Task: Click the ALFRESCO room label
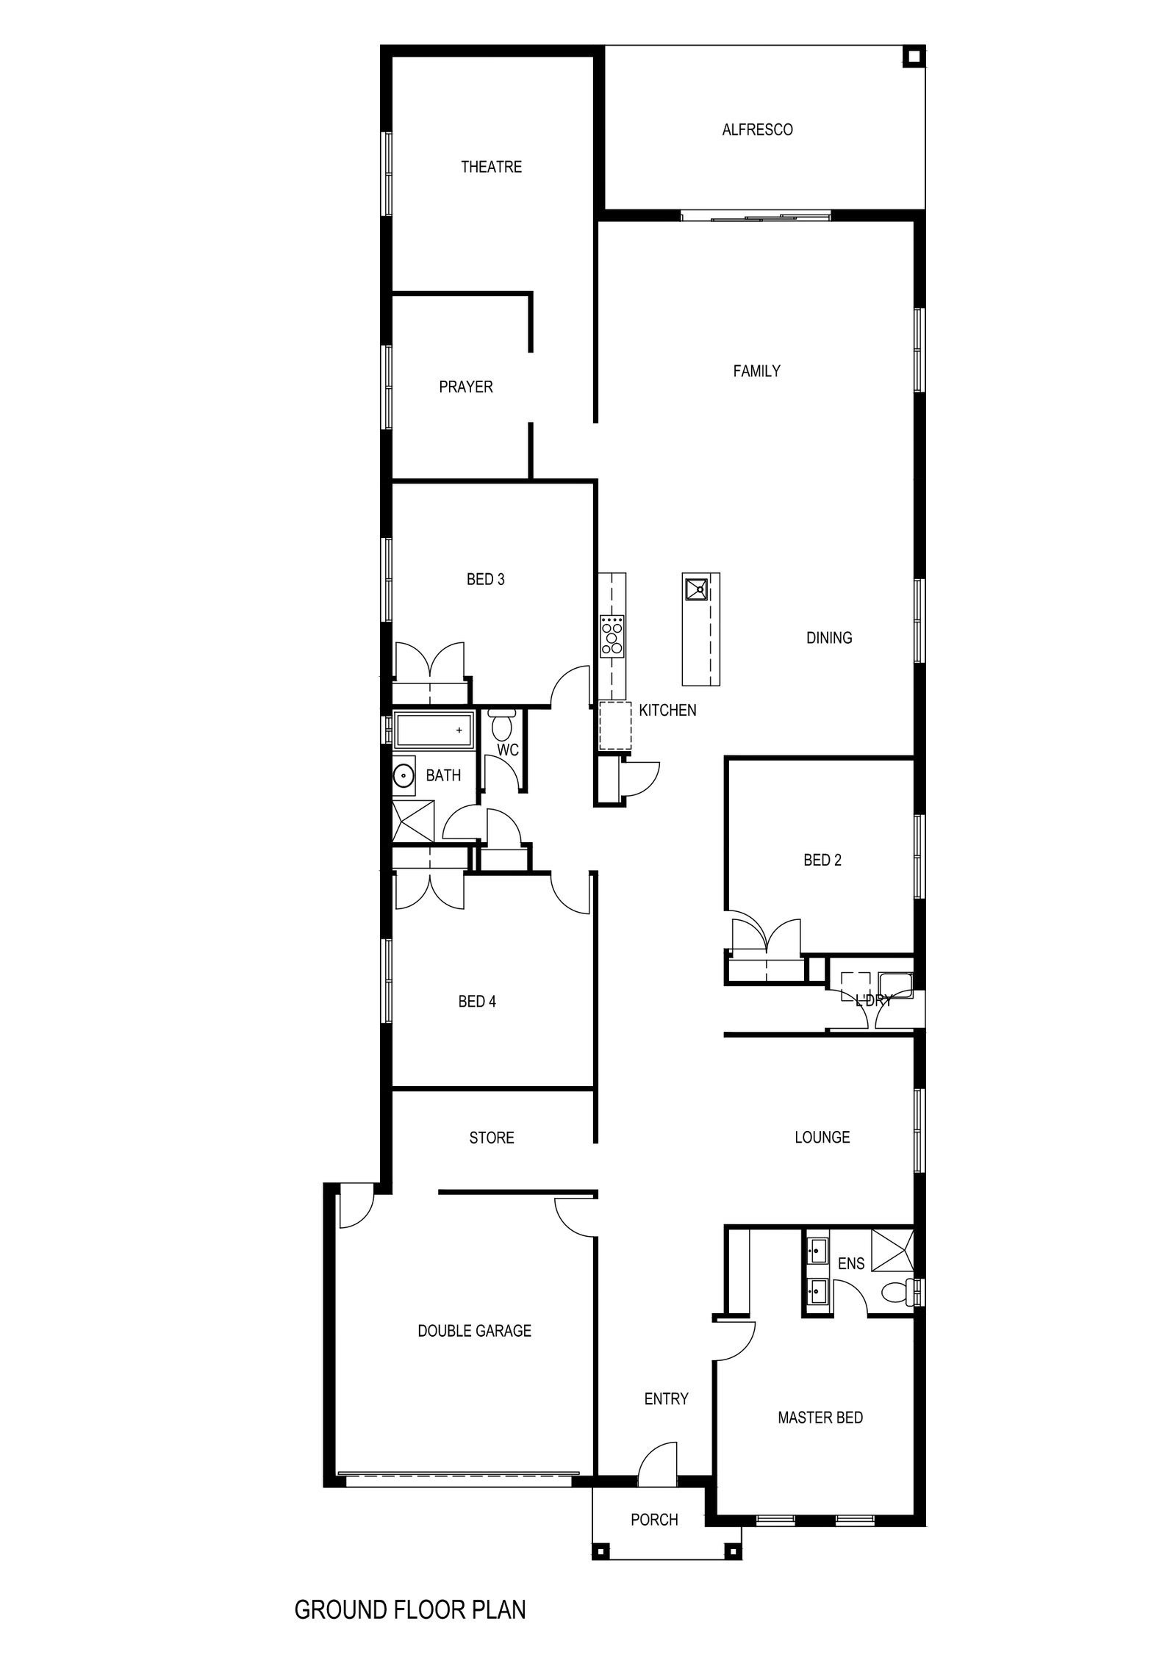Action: coord(757,130)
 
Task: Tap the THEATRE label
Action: coord(491,167)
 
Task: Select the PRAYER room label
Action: coord(466,387)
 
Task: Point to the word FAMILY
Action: coord(756,371)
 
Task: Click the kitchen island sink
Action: coord(695,587)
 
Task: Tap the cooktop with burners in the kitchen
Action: coord(612,636)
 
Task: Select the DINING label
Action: coord(829,638)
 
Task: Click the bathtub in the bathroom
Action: coord(433,731)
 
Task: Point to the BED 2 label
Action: coord(822,861)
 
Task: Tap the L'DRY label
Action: coord(873,999)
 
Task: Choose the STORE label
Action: coord(492,1138)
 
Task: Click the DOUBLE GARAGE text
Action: coord(474,1331)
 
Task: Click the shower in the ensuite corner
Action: coord(892,1250)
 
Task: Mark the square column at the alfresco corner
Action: coord(913,57)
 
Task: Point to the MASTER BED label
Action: coord(820,1418)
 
